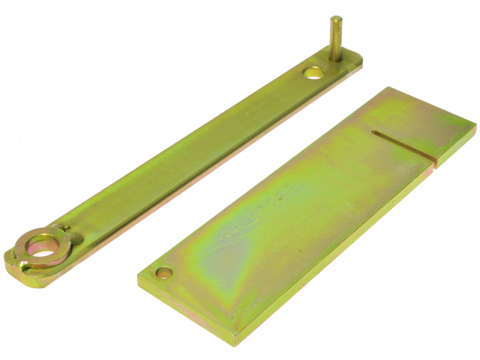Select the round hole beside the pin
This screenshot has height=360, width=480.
tap(313, 73)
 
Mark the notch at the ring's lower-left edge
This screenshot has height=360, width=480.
tap(25, 262)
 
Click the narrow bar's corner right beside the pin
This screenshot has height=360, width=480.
tap(360, 61)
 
